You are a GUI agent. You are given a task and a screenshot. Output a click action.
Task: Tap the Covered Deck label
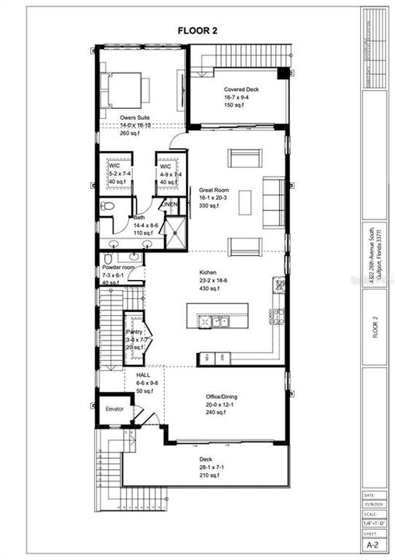click(241, 90)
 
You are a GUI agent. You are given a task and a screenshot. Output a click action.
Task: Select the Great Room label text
click(212, 190)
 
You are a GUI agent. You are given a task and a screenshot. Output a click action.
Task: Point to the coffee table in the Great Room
click(246, 202)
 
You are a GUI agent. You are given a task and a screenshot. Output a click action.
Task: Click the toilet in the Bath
click(107, 207)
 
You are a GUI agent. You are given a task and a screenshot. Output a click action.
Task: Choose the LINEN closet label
click(170, 204)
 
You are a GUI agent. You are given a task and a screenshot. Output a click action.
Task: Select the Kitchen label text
click(208, 273)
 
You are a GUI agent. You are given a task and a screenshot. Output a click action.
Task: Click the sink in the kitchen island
click(212, 320)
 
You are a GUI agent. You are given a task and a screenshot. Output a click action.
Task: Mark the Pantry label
click(136, 332)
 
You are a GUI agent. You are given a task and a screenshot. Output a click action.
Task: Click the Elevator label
click(114, 408)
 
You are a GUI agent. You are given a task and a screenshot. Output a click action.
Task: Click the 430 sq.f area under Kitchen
click(208, 289)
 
